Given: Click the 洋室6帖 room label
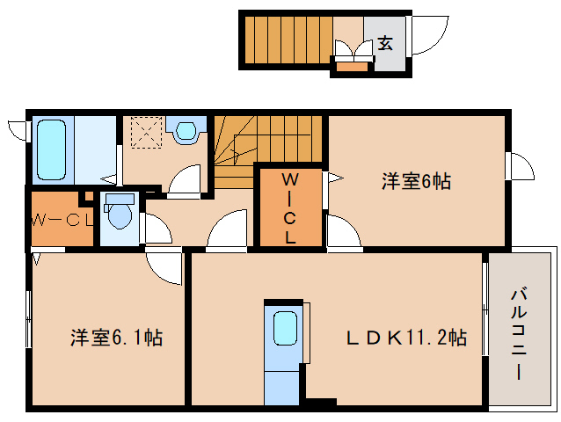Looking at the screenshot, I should pyautogui.click(x=416, y=182).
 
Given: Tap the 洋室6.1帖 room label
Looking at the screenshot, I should pyautogui.click(x=115, y=337).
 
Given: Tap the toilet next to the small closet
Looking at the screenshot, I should pyautogui.click(x=118, y=215).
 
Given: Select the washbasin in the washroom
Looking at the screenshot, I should pyautogui.click(x=186, y=132).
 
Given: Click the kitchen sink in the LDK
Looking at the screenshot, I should pyautogui.click(x=286, y=330).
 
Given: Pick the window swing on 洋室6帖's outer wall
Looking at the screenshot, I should pyautogui.click(x=518, y=165).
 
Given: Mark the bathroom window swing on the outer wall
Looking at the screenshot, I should pyautogui.click(x=18, y=130).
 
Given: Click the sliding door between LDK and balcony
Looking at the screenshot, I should pyautogui.click(x=485, y=307).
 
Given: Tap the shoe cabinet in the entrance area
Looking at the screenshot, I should pyautogui.click(x=351, y=65).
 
